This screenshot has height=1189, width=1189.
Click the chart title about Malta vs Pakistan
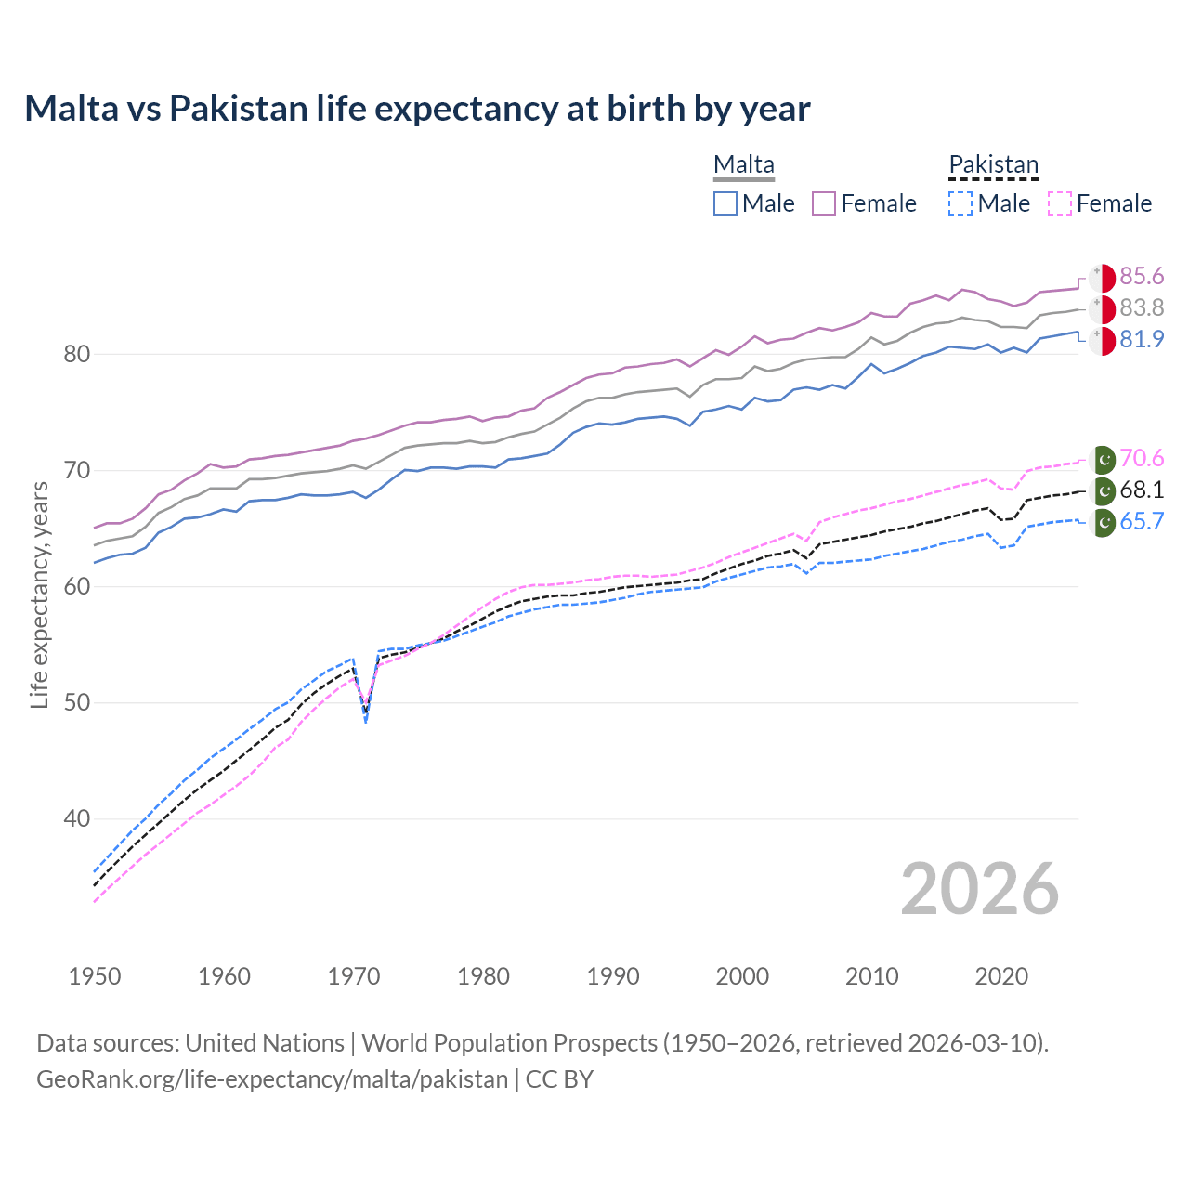tap(417, 109)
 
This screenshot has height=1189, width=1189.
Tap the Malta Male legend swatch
tap(725, 203)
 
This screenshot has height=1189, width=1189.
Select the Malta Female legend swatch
tap(824, 203)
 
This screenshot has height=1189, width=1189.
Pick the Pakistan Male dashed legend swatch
tap(960, 203)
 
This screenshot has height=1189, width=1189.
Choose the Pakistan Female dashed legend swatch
tap(1060, 203)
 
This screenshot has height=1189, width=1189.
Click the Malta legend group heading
tap(743, 165)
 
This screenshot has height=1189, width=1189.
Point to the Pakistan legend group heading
tap(993, 165)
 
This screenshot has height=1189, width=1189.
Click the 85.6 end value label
tap(1142, 277)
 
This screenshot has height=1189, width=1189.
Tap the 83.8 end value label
tap(1142, 308)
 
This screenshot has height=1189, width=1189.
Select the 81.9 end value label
tap(1142, 340)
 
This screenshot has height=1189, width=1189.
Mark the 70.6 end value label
tap(1142, 459)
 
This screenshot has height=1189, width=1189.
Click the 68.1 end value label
tap(1142, 490)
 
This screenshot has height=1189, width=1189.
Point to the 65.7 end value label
tap(1142, 522)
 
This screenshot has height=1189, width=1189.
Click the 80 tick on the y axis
tap(77, 355)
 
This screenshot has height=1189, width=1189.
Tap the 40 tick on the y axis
tap(77, 819)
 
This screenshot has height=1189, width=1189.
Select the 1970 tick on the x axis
tap(354, 976)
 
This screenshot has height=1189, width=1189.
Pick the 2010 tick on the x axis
tap(871, 976)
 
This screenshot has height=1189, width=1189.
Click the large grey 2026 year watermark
tap(979, 889)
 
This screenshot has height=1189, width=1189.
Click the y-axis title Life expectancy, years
tap(40, 594)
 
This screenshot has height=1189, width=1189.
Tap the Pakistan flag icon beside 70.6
tap(1103, 459)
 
